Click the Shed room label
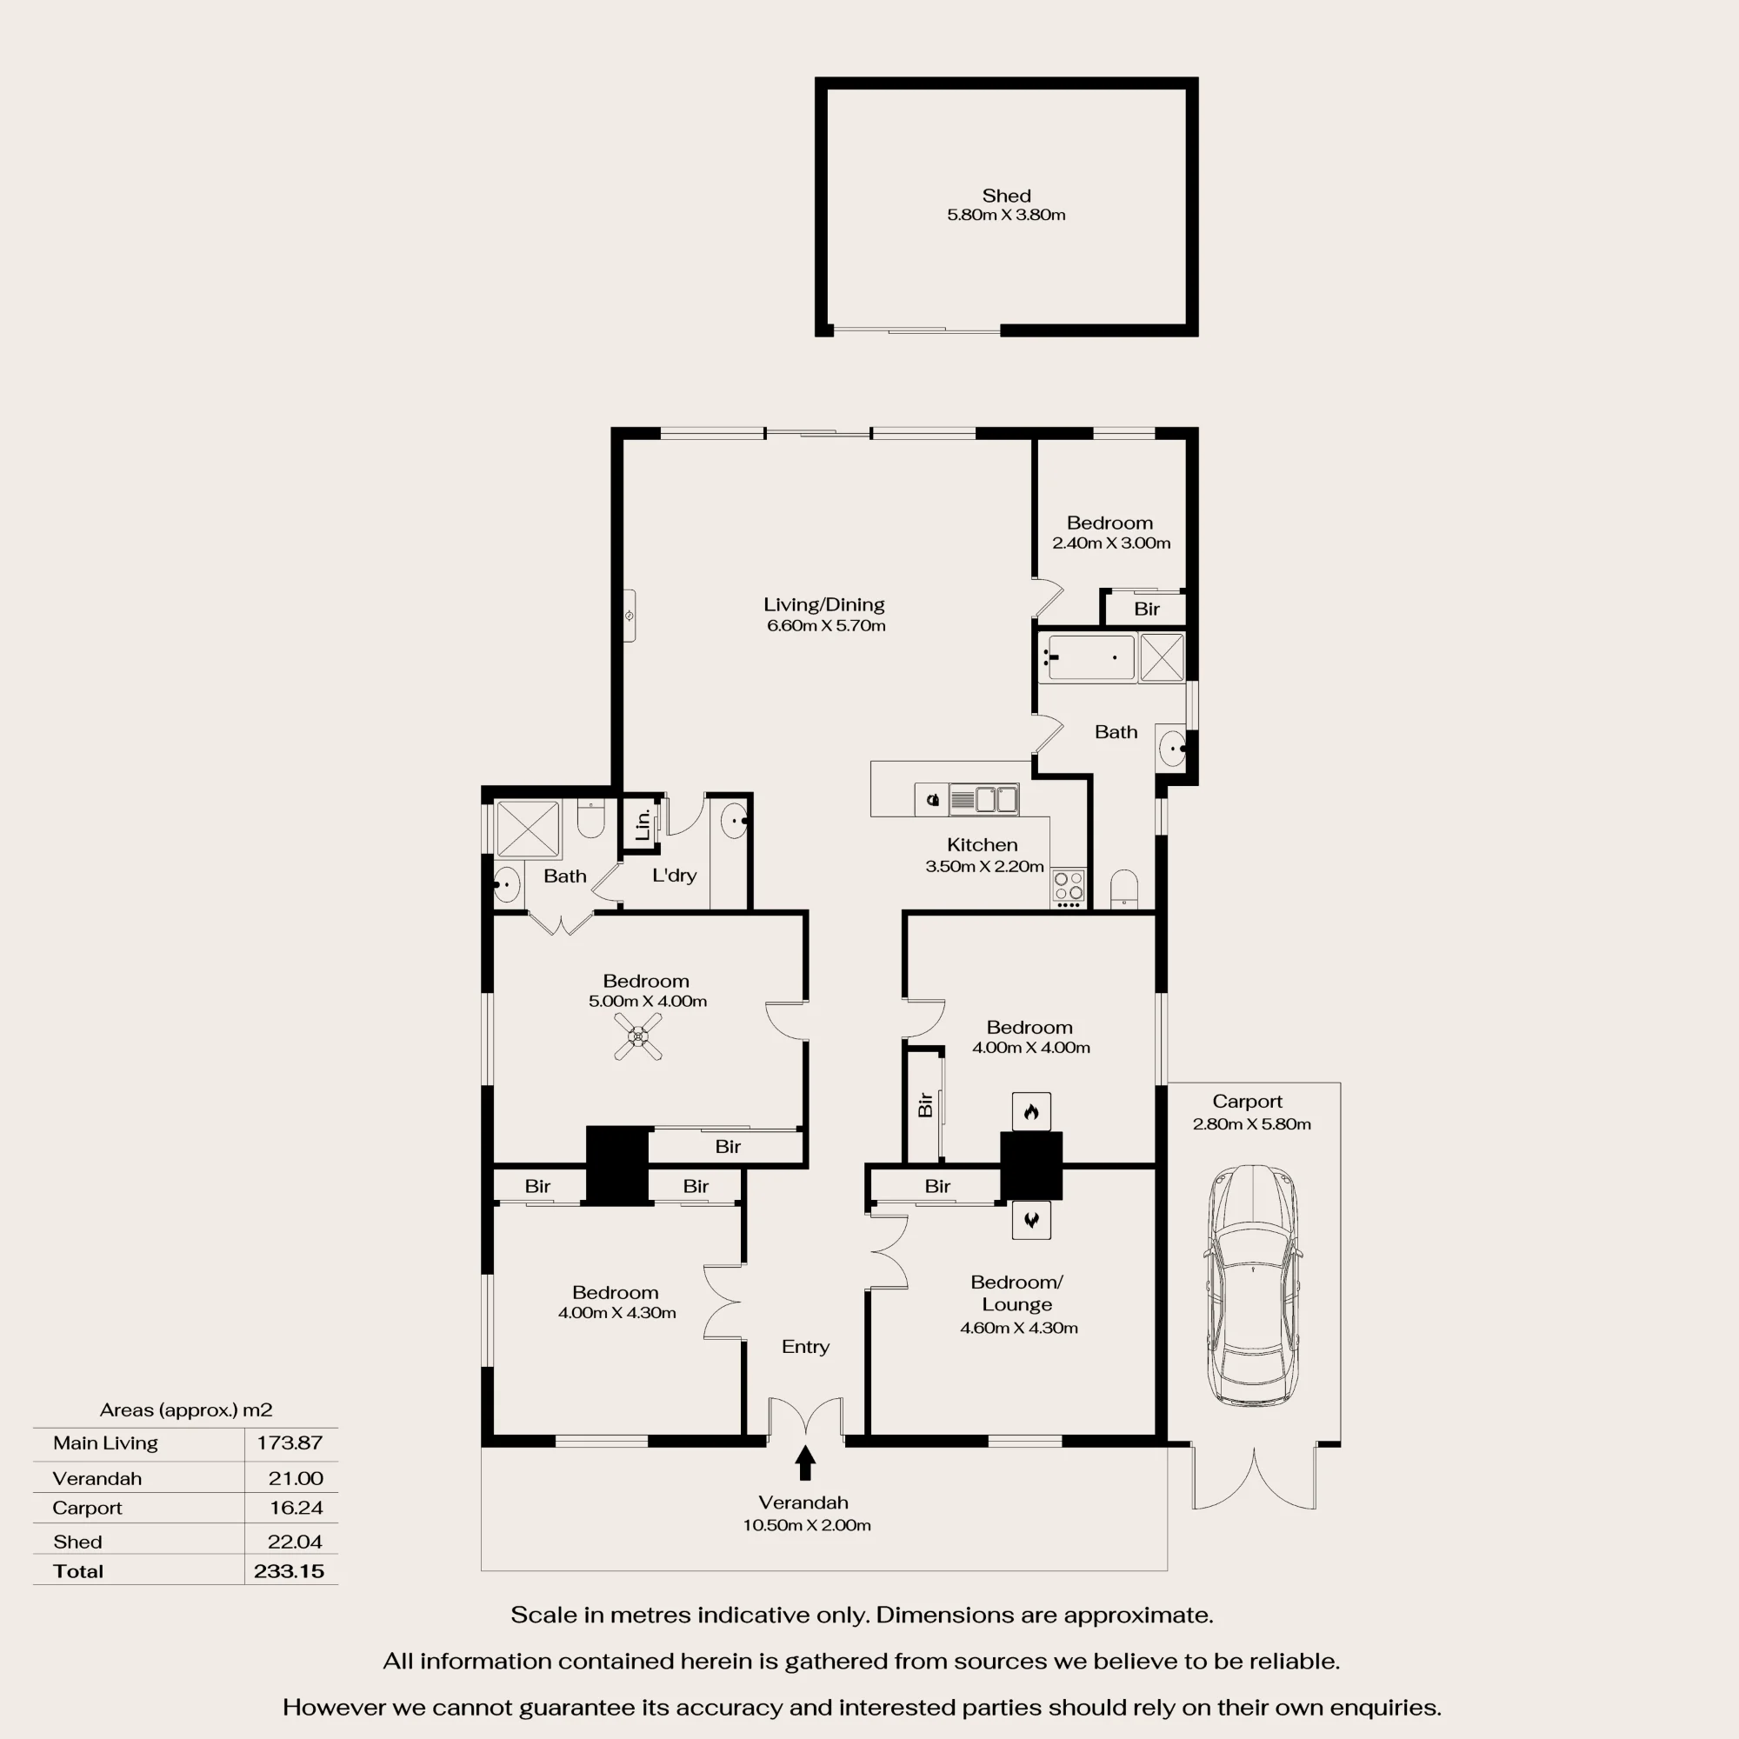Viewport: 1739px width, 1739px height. [x=1006, y=196]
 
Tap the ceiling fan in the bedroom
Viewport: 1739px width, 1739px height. [x=638, y=1037]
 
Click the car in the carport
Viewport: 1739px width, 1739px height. [x=1254, y=1285]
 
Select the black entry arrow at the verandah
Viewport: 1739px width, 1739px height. [x=806, y=1462]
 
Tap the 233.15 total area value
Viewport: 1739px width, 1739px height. [x=289, y=1570]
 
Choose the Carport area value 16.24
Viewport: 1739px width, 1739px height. [x=296, y=1508]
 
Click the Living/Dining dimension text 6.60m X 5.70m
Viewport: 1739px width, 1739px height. [x=826, y=625]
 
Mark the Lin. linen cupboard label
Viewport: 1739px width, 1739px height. [x=643, y=823]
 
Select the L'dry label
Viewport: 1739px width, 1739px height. [x=674, y=875]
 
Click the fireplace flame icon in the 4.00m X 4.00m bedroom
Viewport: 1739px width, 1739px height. [x=1031, y=1111]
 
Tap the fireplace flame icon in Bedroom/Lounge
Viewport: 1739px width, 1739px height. [x=1031, y=1221]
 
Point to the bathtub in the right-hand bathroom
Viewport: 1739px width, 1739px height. [x=1090, y=656]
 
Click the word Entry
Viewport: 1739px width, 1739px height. [x=806, y=1347]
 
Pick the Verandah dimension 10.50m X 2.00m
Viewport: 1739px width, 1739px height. [x=807, y=1525]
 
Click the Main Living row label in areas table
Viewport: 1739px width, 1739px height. [x=105, y=1443]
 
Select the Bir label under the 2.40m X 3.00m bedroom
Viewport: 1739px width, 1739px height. [x=1147, y=610]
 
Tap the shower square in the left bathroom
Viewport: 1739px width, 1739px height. [x=529, y=828]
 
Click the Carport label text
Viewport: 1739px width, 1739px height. [x=1247, y=1101]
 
